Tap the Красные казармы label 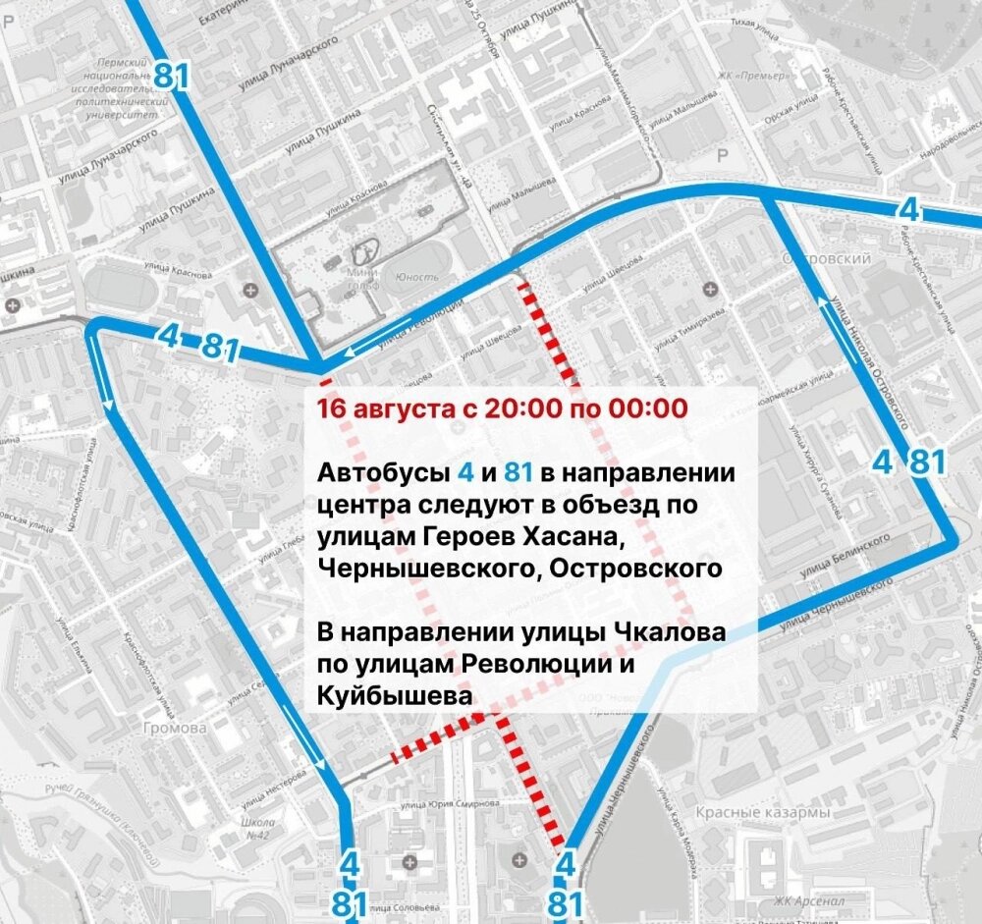point(762,814)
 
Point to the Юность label point(416,278)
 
